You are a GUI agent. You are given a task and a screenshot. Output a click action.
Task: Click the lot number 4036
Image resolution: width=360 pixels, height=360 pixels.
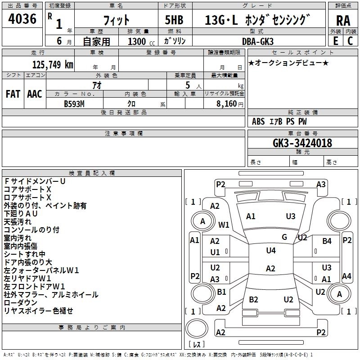[22, 19]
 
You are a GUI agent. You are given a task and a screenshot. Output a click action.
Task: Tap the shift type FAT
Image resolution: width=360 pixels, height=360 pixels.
[13, 94]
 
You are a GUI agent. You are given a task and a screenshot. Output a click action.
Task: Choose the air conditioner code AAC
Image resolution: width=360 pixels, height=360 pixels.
[35, 94]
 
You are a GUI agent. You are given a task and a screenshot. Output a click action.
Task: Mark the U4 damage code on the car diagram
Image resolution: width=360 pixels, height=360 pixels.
[270, 251]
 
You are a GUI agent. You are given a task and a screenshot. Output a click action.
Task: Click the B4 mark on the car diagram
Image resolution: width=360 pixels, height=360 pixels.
[327, 241]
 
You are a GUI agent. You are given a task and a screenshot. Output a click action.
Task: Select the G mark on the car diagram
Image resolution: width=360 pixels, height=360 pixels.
[284, 237]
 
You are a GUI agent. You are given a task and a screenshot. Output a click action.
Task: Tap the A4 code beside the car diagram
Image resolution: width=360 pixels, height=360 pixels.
[346, 276]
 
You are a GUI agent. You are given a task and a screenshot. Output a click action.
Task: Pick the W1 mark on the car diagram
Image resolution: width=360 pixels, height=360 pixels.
[224, 224]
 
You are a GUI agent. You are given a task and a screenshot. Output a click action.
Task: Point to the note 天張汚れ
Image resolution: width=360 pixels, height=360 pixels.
[18, 222]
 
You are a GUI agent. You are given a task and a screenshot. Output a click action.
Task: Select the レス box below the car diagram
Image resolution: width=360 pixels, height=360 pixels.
[197, 344]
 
